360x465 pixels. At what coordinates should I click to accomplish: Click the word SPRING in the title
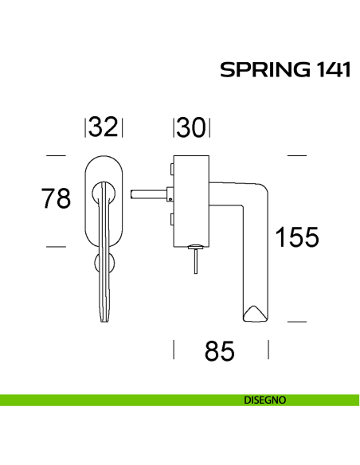[x=260, y=70]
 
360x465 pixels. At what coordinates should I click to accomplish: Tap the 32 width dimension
[x=104, y=127]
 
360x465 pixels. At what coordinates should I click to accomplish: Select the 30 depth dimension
[x=190, y=127]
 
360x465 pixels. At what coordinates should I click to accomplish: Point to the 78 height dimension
[x=57, y=198]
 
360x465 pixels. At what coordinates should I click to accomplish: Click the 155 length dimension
[x=296, y=236]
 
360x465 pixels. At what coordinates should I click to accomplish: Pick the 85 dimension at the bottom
[x=220, y=350]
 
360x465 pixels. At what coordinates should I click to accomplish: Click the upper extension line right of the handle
[x=297, y=154]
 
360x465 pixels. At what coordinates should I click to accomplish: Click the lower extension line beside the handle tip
[x=297, y=321]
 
